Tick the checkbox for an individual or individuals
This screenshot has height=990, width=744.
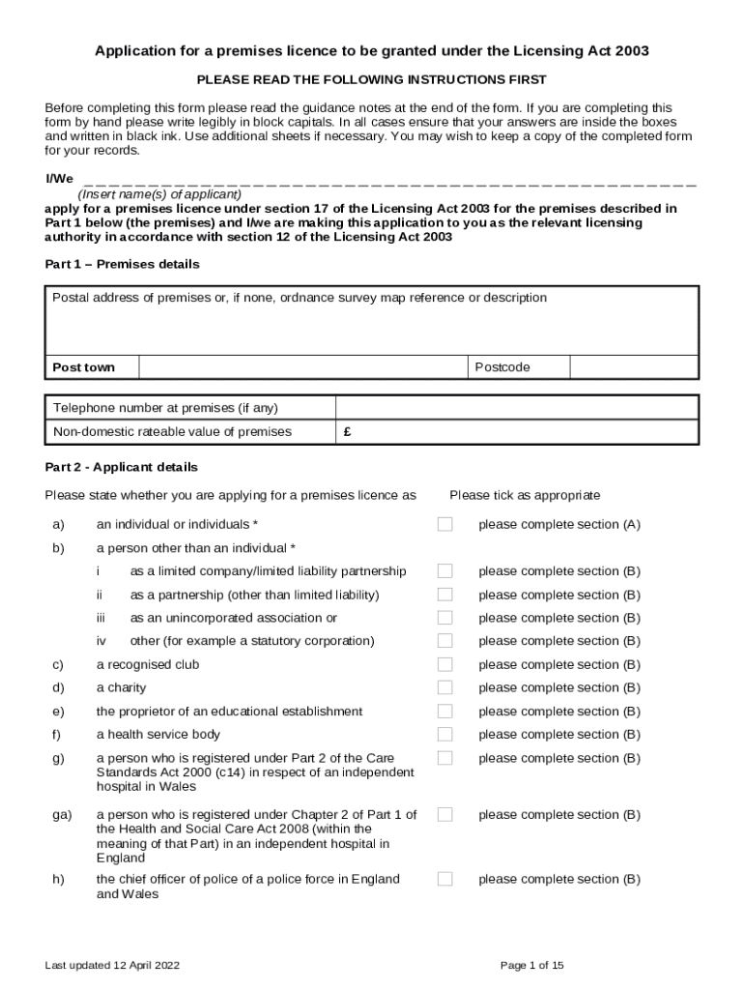(444, 524)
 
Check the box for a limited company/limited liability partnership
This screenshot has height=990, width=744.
(444, 571)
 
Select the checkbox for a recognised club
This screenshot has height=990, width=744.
(444, 664)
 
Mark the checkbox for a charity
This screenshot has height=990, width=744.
(444, 687)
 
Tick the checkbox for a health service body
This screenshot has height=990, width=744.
(444, 735)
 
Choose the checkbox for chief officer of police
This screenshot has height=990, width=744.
(444, 879)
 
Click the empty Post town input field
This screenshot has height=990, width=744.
(303, 367)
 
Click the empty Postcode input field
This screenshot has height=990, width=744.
(633, 367)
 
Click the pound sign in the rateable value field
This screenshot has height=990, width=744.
(347, 432)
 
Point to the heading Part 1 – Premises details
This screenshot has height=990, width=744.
(123, 264)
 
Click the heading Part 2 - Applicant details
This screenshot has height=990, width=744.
(121, 467)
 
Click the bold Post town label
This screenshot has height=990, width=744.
(83, 367)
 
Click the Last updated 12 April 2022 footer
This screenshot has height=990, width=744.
(112, 965)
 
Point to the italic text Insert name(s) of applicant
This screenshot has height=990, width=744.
(159, 193)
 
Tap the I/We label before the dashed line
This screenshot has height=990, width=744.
(59, 180)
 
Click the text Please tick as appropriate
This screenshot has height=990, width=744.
(525, 495)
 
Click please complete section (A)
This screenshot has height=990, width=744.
(559, 524)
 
